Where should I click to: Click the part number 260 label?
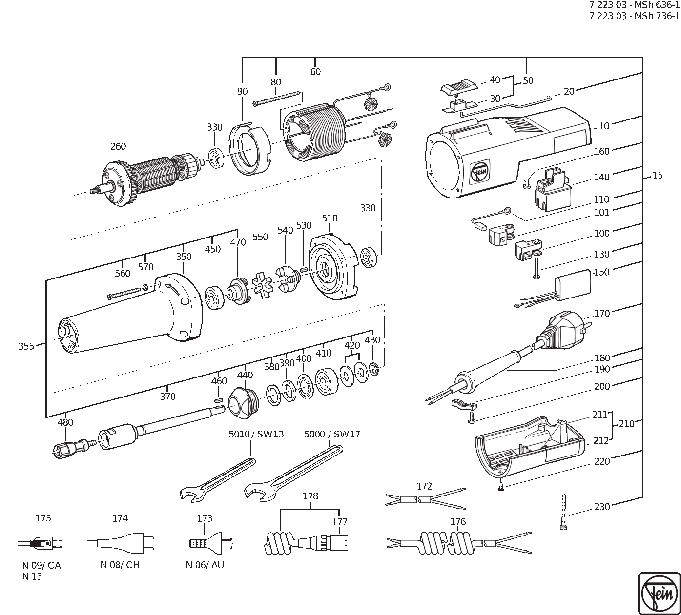[x=118, y=146]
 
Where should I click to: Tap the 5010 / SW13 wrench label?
[x=256, y=434]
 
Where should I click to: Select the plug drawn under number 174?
[x=122, y=542]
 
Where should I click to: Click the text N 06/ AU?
[x=205, y=565]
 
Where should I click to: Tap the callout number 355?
[x=26, y=347]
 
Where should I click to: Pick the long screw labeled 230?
[x=564, y=510]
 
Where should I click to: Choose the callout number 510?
[x=330, y=218]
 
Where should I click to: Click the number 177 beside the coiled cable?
[x=340, y=522]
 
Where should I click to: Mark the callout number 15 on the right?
[x=658, y=175]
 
